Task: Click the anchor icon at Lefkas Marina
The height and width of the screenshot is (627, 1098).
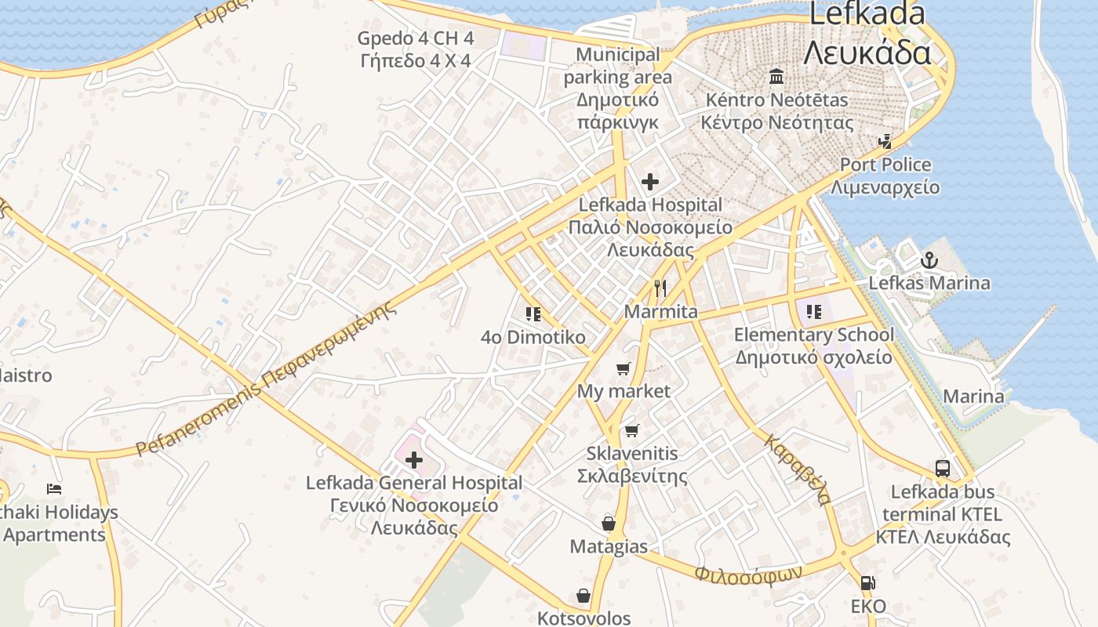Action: tap(929, 259)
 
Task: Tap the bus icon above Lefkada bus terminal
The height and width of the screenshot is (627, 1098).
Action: tap(943, 469)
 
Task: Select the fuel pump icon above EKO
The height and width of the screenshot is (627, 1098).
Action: tap(867, 583)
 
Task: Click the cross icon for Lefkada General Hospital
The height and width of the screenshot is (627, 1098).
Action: tap(414, 460)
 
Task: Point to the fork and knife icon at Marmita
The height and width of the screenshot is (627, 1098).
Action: tap(660, 288)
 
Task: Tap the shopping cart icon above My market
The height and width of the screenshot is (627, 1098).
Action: tap(624, 368)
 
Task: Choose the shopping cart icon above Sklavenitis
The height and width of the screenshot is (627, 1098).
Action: tap(632, 430)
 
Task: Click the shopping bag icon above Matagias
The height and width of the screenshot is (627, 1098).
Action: tap(609, 524)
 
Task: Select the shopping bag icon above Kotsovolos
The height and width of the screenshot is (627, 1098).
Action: tap(584, 596)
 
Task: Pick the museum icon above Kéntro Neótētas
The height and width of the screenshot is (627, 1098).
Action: tap(776, 77)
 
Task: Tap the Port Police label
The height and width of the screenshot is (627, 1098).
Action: tap(885, 165)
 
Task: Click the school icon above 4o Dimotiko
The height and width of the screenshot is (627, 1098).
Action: tap(533, 314)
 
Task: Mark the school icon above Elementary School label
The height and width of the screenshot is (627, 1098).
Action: tap(814, 312)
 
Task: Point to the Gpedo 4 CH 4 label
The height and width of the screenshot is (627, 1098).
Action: tap(416, 38)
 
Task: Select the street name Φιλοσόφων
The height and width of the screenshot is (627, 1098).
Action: tap(748, 574)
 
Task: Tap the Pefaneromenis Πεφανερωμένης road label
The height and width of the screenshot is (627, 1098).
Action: tap(267, 378)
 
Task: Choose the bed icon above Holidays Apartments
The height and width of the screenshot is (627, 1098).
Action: tap(54, 489)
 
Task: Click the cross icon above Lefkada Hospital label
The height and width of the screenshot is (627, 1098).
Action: tap(650, 183)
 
